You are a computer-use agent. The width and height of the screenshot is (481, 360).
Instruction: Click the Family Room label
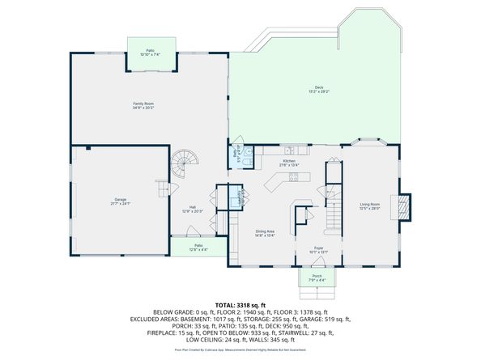144,104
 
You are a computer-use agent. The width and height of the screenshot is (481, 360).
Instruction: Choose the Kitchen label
290,163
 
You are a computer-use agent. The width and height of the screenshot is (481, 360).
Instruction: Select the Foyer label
318,250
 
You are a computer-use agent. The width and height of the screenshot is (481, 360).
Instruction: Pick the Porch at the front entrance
317,278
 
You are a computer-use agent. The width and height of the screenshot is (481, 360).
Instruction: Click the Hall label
194,210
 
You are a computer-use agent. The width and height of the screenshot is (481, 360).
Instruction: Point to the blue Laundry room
235,197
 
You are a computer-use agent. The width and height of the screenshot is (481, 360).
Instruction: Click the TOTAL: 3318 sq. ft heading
240,304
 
